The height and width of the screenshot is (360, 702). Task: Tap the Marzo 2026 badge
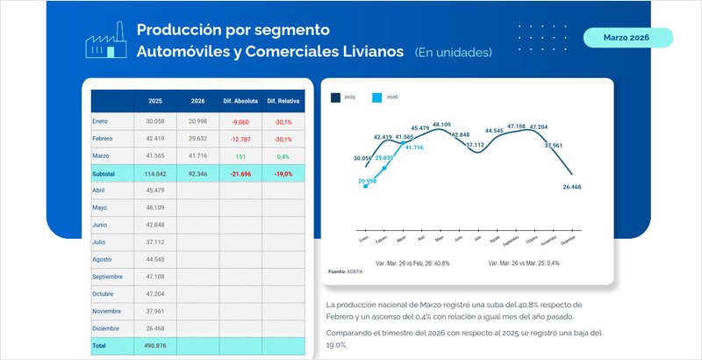(x=627, y=38)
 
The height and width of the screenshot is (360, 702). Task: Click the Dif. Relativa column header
(x=283, y=101)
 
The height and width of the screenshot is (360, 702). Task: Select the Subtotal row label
(x=104, y=174)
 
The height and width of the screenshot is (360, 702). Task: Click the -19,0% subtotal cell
(x=283, y=174)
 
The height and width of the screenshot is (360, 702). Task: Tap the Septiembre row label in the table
(x=111, y=276)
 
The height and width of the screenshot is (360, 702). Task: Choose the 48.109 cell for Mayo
(x=155, y=207)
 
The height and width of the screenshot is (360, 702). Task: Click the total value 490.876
(x=154, y=346)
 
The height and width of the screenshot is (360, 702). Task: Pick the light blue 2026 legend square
(x=377, y=98)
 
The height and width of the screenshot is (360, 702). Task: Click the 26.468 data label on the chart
(x=571, y=186)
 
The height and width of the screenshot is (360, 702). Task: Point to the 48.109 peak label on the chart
(x=441, y=125)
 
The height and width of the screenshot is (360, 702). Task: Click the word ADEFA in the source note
(x=356, y=271)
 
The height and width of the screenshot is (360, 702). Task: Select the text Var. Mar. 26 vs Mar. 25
(x=512, y=263)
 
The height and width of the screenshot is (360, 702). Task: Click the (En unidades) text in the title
(x=453, y=52)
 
